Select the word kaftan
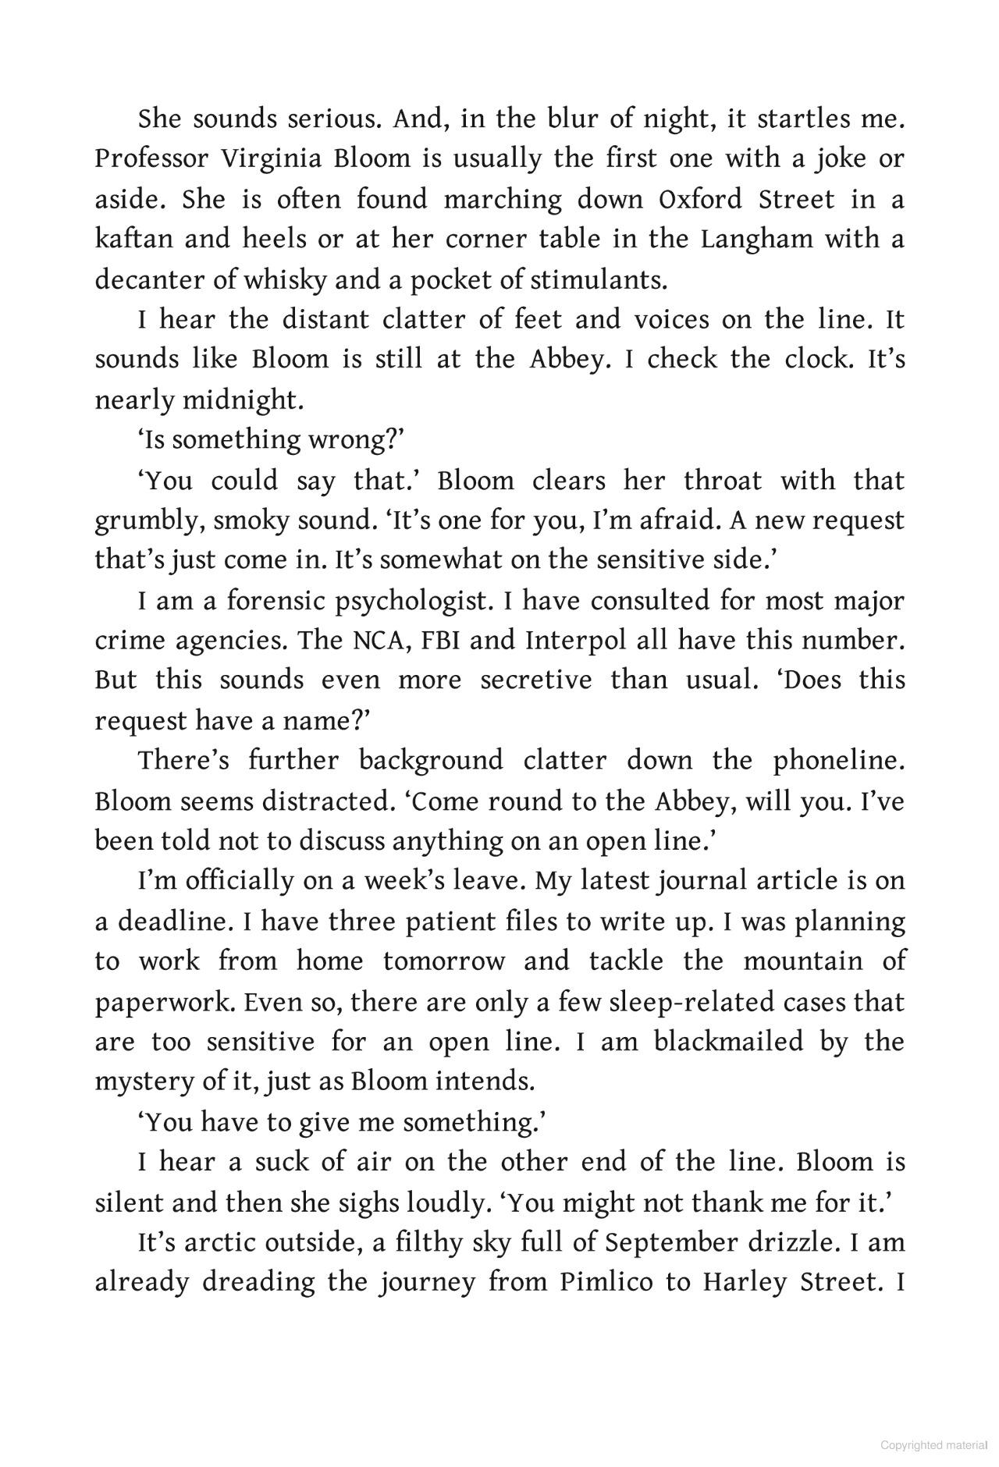pyautogui.click(x=133, y=239)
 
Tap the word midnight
pyautogui.click(x=241, y=400)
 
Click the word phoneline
pyautogui.click(x=838, y=761)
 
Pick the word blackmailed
pyautogui.click(x=728, y=1043)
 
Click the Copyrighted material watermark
pyautogui.click(x=933, y=1445)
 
